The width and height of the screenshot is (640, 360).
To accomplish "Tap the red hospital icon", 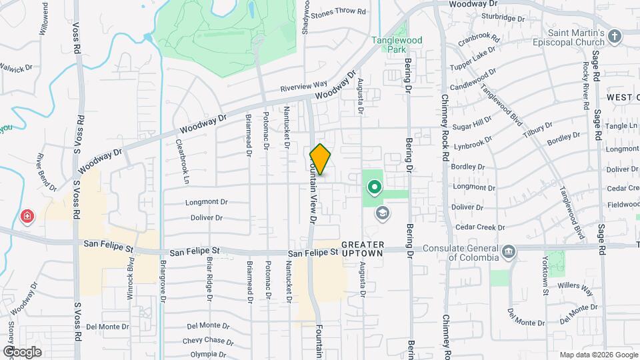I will pos(27,216).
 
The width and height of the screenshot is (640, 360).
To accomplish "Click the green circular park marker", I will pos(374,187).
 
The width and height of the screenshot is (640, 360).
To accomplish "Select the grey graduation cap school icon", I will pos(382,213).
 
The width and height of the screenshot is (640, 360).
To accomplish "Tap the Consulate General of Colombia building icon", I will pos(509,251).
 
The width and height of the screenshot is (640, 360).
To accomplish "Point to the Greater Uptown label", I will pos(363,249).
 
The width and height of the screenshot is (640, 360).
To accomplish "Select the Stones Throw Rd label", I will pos(339,12).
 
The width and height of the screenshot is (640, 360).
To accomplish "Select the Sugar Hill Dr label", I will pos(471,125).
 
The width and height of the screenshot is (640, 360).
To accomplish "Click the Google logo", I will pos(22,351).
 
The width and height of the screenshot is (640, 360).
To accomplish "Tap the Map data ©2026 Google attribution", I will pos(598,355).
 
